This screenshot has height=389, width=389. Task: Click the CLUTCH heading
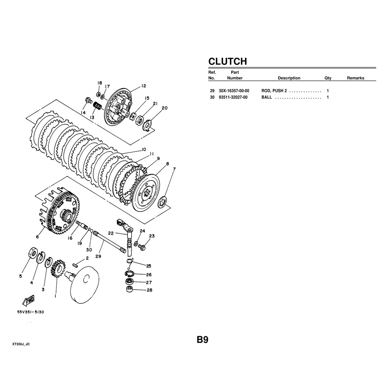coord(228,61)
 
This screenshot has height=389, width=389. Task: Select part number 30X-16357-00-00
coord(234,91)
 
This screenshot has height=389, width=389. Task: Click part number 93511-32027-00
coord(233,97)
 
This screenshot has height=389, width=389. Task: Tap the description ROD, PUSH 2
coord(274,91)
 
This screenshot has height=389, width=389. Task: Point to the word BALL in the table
coord(266,97)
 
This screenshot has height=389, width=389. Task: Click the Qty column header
coord(328,78)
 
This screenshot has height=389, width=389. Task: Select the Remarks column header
coord(356,78)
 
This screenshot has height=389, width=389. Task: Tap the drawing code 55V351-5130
coord(30,312)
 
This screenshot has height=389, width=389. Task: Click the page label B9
coord(203,340)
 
